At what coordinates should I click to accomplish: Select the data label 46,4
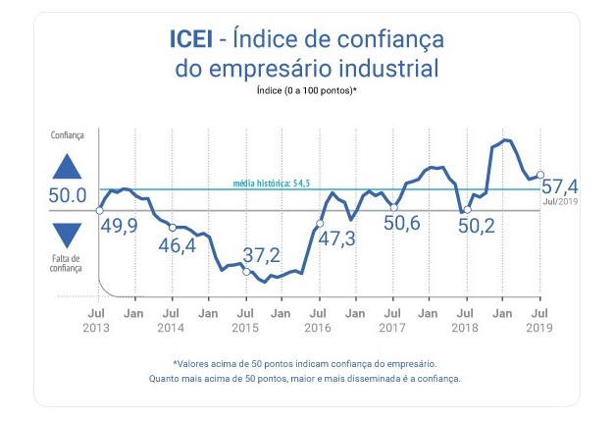coord(177,245)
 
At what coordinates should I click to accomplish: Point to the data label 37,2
coord(261,255)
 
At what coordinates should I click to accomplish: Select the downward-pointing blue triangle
coord(68,235)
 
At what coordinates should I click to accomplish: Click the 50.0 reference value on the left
coord(68,196)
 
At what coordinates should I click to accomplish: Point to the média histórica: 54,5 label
coord(271,184)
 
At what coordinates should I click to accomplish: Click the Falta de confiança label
coord(68,262)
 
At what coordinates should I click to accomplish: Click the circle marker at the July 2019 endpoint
coord(540,177)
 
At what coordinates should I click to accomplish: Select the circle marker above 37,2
coord(245,271)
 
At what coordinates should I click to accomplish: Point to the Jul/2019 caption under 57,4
coord(559,201)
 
